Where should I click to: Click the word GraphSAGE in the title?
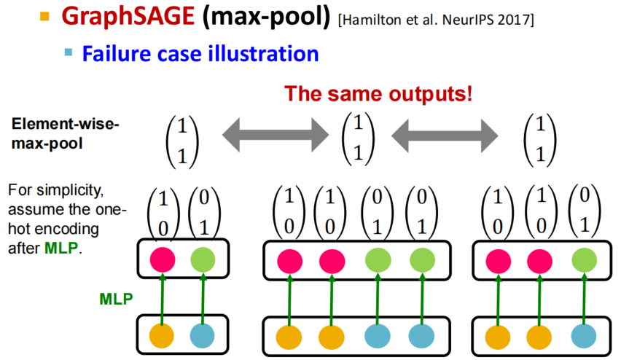[x=128, y=17]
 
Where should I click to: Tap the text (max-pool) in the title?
[x=266, y=17]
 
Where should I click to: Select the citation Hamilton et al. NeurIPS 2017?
[x=436, y=20]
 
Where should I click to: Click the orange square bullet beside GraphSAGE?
[x=44, y=16]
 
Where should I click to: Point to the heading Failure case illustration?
[x=200, y=53]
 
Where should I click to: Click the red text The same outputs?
[x=378, y=94]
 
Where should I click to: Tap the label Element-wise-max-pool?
[x=66, y=133]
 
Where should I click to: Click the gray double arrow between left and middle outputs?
[x=276, y=135]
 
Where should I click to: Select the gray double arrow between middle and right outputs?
[x=445, y=136]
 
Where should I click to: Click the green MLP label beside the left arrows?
[x=116, y=299]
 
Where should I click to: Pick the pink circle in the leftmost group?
[x=163, y=260]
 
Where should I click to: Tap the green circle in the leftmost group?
[x=203, y=260]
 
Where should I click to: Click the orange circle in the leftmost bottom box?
[x=162, y=336]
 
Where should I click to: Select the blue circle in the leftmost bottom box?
[x=203, y=336]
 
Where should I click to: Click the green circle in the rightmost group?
[x=584, y=261]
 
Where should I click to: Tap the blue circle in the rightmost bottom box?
[x=584, y=337]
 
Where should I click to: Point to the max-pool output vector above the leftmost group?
[x=182, y=142]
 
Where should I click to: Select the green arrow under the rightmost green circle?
[x=585, y=300]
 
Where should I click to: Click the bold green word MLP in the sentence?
[x=61, y=249]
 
